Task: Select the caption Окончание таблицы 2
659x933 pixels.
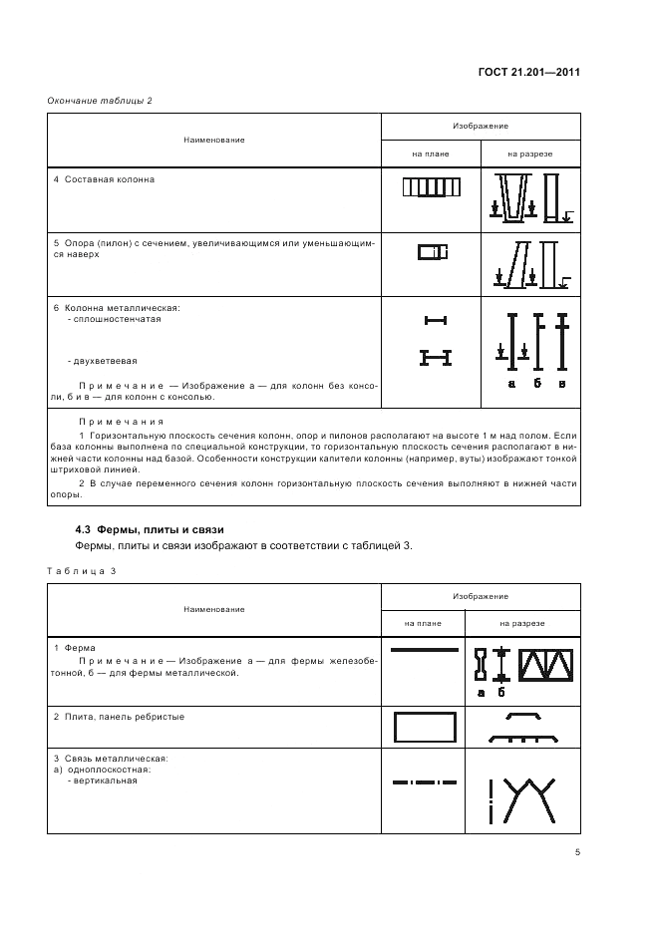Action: coord(100,100)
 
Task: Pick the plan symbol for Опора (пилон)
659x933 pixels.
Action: coord(431,252)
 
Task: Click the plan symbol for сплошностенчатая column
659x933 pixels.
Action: coord(435,320)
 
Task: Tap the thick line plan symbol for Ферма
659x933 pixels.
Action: coord(424,649)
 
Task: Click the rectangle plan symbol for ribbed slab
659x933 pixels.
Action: coord(425,727)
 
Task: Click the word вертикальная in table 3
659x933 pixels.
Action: coord(103,780)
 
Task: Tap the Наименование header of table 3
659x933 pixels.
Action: coord(213,608)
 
